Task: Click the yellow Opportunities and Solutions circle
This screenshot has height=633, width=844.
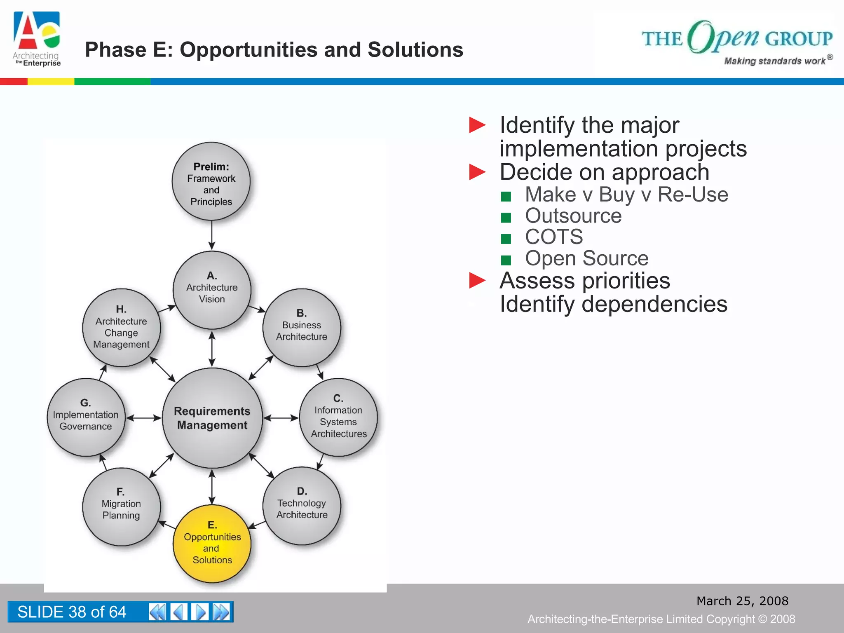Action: [212, 543]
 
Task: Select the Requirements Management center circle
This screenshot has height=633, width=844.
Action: [212, 418]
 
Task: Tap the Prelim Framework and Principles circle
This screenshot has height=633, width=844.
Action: [211, 182]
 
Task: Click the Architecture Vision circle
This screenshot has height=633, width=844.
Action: [212, 290]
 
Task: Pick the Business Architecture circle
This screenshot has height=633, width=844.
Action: [302, 328]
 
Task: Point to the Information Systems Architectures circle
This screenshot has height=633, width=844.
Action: [338, 417]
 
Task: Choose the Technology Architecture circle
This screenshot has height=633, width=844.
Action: [302, 506]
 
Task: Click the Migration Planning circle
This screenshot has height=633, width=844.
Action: [121, 506]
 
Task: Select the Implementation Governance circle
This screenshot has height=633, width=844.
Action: [86, 417]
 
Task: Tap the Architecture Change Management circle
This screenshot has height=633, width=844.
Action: [121, 328]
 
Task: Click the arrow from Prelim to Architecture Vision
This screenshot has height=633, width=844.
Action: [211, 235]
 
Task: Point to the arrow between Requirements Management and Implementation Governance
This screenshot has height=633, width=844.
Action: [143, 418]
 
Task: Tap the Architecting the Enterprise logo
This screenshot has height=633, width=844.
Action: [37, 39]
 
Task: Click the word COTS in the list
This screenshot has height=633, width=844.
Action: [554, 237]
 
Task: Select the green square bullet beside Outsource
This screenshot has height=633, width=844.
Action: [506, 217]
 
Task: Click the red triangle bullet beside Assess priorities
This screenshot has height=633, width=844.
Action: [477, 281]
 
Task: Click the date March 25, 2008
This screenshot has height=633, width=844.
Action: [742, 601]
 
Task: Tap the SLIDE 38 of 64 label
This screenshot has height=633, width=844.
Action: [72, 612]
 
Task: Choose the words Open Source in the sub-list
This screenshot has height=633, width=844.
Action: [586, 258]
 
